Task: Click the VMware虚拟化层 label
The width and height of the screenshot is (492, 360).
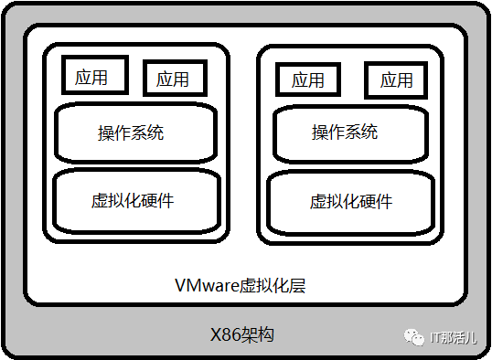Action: click(240, 285)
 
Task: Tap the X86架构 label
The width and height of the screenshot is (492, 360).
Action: click(242, 334)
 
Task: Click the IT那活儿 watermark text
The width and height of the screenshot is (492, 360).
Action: click(453, 338)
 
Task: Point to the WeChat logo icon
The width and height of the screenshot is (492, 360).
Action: click(414, 337)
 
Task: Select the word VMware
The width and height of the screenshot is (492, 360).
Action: click(207, 285)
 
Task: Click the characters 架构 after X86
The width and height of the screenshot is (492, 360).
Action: click(257, 334)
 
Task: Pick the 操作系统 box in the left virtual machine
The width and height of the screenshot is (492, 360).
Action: click(136, 133)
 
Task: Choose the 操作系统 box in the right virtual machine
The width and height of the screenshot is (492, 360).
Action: click(350, 134)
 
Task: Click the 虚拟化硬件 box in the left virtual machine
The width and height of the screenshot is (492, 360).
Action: click(136, 201)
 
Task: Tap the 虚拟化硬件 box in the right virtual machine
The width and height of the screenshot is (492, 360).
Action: click(350, 203)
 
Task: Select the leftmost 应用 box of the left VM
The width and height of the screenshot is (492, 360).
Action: click(95, 75)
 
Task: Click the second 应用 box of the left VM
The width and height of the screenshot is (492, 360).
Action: click(175, 78)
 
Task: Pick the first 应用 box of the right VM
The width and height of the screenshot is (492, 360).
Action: click(308, 79)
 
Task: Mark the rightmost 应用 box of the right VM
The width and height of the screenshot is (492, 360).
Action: click(396, 80)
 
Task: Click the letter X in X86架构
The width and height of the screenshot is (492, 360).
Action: click(216, 335)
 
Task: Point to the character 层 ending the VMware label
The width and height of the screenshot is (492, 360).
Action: click(297, 285)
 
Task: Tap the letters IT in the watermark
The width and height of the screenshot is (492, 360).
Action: click(435, 338)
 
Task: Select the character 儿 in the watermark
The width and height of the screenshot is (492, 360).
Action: click(470, 338)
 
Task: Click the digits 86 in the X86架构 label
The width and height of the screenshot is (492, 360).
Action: click(231, 335)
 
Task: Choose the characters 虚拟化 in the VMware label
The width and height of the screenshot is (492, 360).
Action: click(264, 285)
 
